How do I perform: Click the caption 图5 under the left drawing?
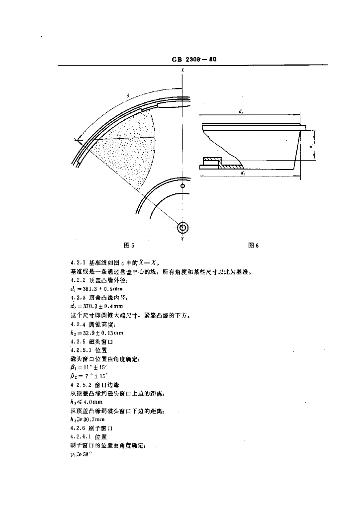[x=129, y=245]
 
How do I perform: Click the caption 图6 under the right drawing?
[x=254, y=245]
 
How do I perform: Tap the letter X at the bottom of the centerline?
[x=182, y=239]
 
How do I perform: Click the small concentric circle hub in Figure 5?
[x=182, y=228]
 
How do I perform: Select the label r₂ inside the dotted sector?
[x=119, y=135]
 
